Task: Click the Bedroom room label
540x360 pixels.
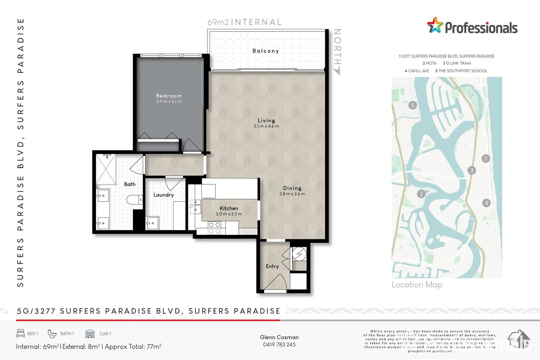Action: pyautogui.click(x=169, y=96)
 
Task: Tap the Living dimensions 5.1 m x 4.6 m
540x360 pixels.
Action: pyautogui.click(x=266, y=126)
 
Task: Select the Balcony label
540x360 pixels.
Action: pyautogui.click(x=266, y=51)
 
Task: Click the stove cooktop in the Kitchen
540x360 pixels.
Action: pyautogui.click(x=214, y=228)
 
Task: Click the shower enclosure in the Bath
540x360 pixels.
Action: pyautogui.click(x=106, y=169)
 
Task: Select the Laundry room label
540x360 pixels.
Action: pyautogui.click(x=163, y=195)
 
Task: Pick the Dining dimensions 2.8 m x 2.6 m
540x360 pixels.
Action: pyautogui.click(x=292, y=194)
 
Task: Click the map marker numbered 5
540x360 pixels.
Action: pyautogui.click(x=412, y=105)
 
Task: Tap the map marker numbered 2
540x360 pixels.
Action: pyautogui.click(x=421, y=194)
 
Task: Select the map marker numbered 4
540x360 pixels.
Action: pyautogui.click(x=486, y=203)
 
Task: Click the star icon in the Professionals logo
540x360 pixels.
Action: pyautogui.click(x=435, y=25)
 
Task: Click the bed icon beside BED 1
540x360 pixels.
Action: pyautogui.click(x=21, y=333)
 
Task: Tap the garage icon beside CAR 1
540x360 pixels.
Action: pyautogui.click(x=90, y=334)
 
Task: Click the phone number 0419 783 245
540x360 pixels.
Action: pyautogui.click(x=279, y=344)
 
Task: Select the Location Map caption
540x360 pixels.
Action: pyautogui.click(x=417, y=285)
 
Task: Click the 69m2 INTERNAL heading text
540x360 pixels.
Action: pyautogui.click(x=244, y=22)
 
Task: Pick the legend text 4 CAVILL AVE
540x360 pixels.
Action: pyautogui.click(x=417, y=71)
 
